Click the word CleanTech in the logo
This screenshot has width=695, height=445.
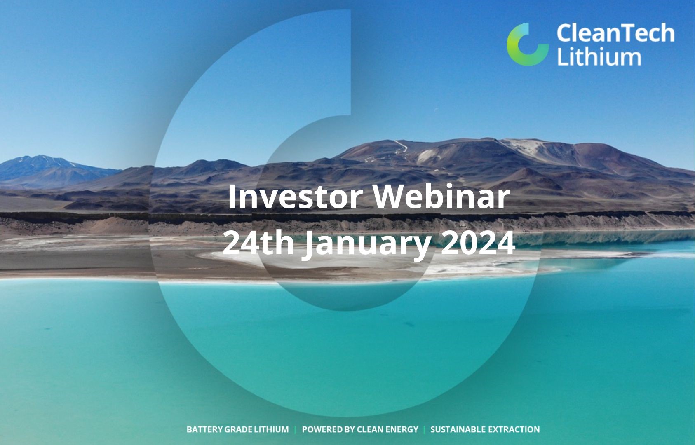[615, 33]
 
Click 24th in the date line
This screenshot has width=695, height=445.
[258, 243]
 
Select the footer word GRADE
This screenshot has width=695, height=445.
[238, 429]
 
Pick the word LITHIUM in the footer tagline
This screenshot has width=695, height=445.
[271, 429]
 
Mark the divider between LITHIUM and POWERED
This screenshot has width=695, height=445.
[295, 429]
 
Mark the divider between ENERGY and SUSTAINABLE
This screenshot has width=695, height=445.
[424, 429]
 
